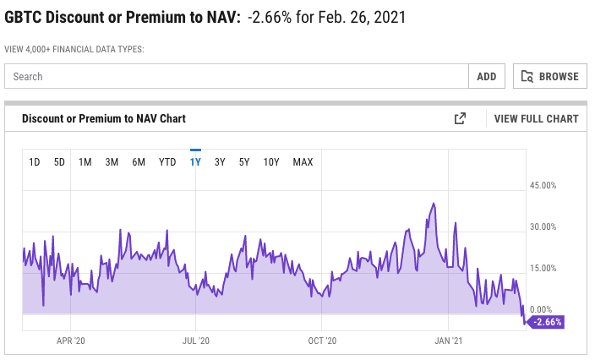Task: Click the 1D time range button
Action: pyautogui.click(x=35, y=161)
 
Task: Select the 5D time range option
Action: pyautogui.click(x=59, y=161)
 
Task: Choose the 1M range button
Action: pyautogui.click(x=85, y=161)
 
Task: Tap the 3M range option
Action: pyautogui.click(x=112, y=161)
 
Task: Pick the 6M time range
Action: pyautogui.click(x=139, y=161)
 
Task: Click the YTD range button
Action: pyautogui.click(x=167, y=161)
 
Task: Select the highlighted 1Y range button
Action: pyautogui.click(x=195, y=161)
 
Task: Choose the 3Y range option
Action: pyautogui.click(x=220, y=161)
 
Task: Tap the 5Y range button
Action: pyautogui.click(x=244, y=161)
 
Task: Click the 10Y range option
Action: pyautogui.click(x=271, y=161)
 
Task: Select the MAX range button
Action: pyautogui.click(x=303, y=161)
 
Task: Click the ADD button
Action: pyautogui.click(x=486, y=76)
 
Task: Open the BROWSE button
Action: pyautogui.click(x=550, y=76)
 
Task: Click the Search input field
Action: pyautogui.click(x=237, y=76)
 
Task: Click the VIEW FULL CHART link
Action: pyautogui.click(x=537, y=119)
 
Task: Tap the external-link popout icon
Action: pyautogui.click(x=460, y=119)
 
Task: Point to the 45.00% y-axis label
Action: pyautogui.click(x=543, y=185)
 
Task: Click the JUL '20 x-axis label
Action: pyautogui.click(x=195, y=341)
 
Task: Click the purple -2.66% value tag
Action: pyautogui.click(x=545, y=322)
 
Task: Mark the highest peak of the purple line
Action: pyautogui.click(x=434, y=204)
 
